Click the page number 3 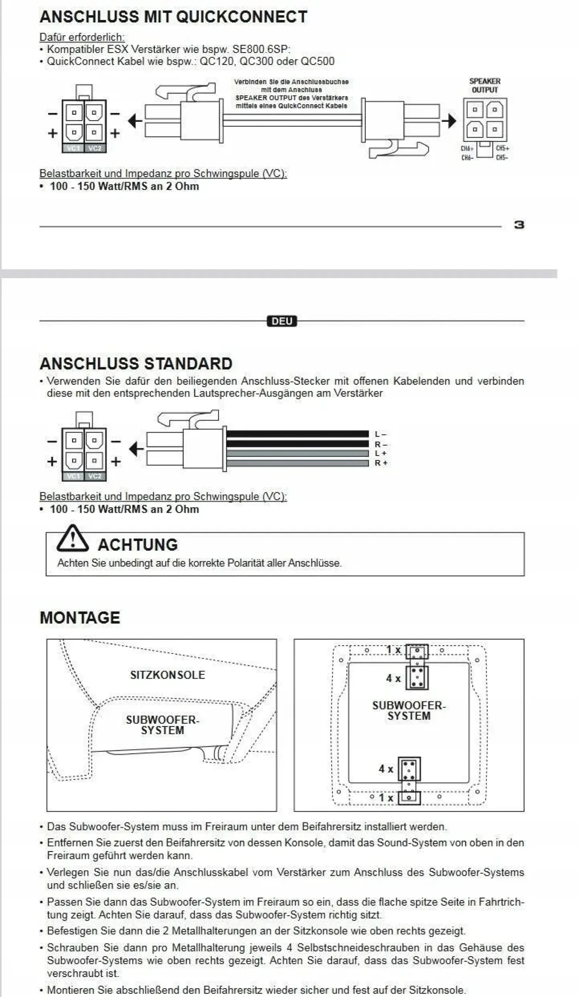point(519,225)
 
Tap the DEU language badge point(282,321)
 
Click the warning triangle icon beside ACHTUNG point(72,539)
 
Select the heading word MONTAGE point(80,618)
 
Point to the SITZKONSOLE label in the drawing point(168,675)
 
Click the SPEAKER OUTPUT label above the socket point(484,85)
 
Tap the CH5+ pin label point(502,149)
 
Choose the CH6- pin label point(467,158)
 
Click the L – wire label point(380,434)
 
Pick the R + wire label point(381,463)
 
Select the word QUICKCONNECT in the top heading point(241,17)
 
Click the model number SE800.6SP point(261,49)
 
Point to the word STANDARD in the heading point(188,363)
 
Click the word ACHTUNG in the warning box point(138,545)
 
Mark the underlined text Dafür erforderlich point(82,37)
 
